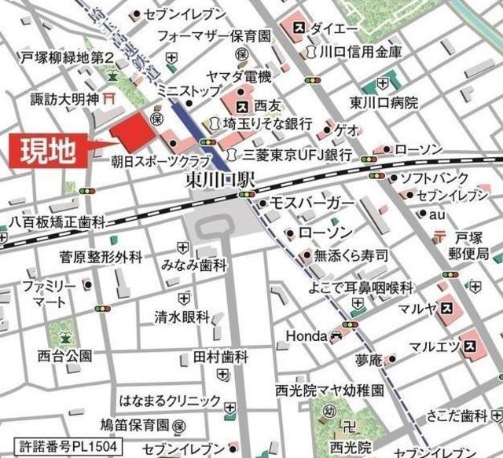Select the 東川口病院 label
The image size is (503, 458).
pos(384,103)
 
